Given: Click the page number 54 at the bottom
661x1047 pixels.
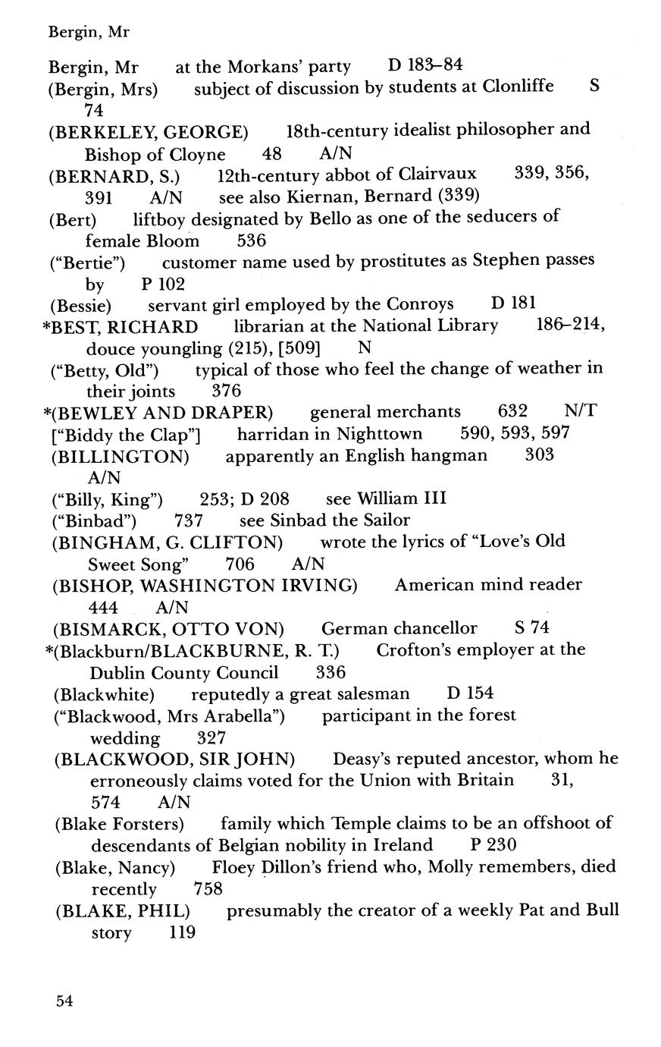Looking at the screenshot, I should pyautogui.click(x=64, y=1001).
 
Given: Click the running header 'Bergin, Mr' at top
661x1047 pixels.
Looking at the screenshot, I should pyautogui.click(x=88, y=32).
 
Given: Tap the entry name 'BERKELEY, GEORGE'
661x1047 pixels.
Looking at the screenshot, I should pyautogui.click(x=149, y=132).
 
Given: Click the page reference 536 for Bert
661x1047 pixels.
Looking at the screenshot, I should pyautogui.click(x=251, y=241).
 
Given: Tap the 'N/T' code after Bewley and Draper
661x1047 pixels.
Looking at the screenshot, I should pyautogui.click(x=581, y=411).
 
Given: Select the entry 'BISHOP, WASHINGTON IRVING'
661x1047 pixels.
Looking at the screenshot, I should pyautogui.click(x=205, y=586).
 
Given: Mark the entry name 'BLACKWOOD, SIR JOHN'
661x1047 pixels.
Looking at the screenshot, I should pyautogui.click(x=175, y=759).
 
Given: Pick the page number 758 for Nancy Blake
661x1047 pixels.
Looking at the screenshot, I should pyautogui.click(x=208, y=889).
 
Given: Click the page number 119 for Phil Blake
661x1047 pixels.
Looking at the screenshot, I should pyautogui.click(x=183, y=932).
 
